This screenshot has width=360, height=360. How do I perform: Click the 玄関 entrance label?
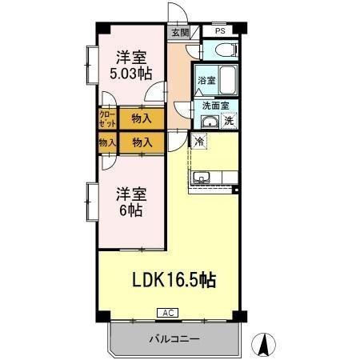click(179, 33)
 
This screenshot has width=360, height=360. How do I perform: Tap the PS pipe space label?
click(219, 32)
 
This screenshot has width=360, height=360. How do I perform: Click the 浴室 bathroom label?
click(206, 80)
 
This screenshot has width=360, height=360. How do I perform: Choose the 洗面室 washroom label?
click(215, 106)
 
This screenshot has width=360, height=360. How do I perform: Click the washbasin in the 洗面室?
click(210, 122)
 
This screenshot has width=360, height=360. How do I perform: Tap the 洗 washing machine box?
click(229, 122)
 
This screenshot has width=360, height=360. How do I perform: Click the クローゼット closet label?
click(107, 120)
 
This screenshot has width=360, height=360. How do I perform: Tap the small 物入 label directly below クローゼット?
click(106, 142)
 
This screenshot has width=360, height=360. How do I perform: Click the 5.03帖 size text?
click(130, 74)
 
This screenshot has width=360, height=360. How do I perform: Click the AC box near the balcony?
click(168, 312)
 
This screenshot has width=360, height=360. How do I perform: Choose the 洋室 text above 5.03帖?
click(130, 57)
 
